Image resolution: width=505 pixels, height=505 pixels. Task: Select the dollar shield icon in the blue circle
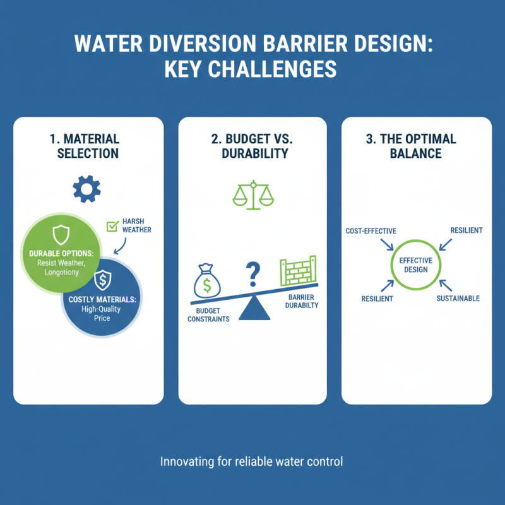coord(102,280)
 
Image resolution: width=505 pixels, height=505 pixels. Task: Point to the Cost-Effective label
coord(371,231)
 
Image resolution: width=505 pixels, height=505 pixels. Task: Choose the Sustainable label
coord(458,298)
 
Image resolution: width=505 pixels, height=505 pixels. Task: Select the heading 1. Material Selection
coord(88,146)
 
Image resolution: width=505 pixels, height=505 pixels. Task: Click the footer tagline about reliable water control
coord(252,461)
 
